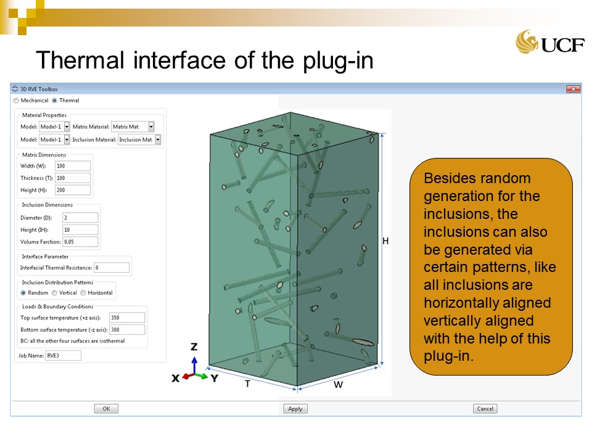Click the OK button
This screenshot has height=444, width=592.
[x=106, y=408]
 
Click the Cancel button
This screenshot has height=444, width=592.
[x=485, y=408]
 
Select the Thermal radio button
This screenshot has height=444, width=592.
[x=55, y=101]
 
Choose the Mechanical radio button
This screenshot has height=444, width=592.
[x=16, y=101]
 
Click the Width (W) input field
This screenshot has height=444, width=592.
[x=73, y=166]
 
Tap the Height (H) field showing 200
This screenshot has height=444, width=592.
[x=73, y=190]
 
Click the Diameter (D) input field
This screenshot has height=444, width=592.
[x=80, y=218]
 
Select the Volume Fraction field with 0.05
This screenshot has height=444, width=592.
[x=80, y=242]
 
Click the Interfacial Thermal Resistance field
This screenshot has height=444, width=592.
[x=112, y=268]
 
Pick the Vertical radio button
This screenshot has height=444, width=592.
[x=55, y=292]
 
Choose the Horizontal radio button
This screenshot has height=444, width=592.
[x=83, y=292]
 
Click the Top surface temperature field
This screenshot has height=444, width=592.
[x=127, y=318]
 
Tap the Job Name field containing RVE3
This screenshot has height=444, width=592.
[x=64, y=355]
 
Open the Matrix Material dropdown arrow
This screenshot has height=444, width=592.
[x=151, y=127]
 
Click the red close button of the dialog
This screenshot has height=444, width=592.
[x=573, y=89]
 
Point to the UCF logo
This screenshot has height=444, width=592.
[x=550, y=42]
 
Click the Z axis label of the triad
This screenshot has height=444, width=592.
[x=194, y=347]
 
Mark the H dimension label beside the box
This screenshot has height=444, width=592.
[x=385, y=241]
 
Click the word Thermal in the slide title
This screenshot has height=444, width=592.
[x=80, y=60]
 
